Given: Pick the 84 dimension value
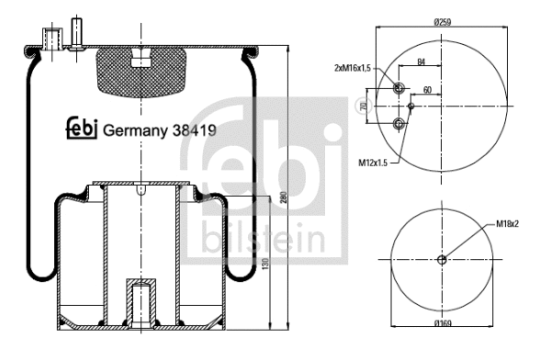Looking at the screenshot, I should tap(422, 62).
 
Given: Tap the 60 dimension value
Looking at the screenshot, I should tap(427, 91).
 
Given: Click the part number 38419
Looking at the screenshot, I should tap(195, 129).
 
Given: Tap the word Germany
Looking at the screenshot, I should tap(137, 129).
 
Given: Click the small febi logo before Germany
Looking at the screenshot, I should tap(81, 129).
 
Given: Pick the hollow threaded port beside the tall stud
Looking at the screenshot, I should tap(51, 39).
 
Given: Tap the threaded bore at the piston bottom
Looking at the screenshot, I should tap(141, 303).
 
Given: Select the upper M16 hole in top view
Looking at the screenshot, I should tap(398, 88).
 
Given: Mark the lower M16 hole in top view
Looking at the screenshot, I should tap(398, 124).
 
